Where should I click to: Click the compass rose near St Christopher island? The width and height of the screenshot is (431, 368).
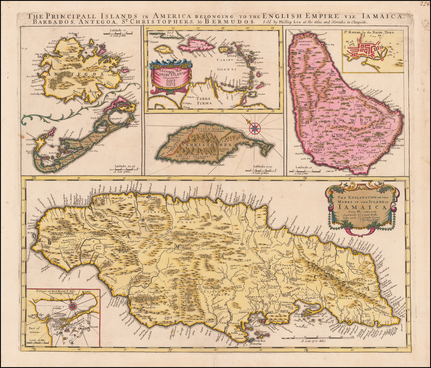pos(255,128)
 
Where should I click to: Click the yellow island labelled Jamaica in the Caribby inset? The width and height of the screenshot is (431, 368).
pos(163,49)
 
